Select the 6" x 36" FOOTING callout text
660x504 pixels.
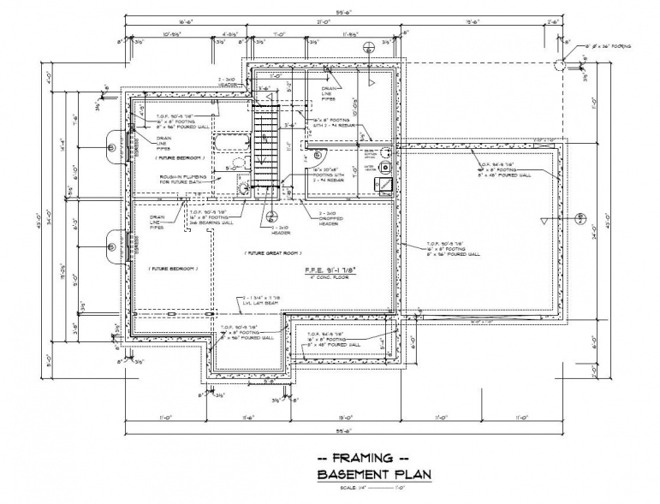pos(607,45)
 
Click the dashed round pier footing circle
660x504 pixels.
pos(557,63)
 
